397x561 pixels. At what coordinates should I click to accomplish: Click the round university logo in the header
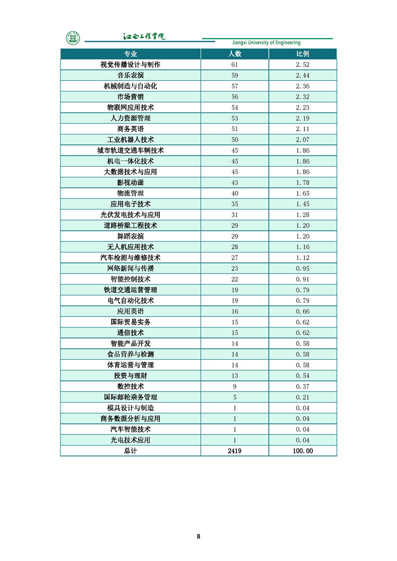pyautogui.click(x=73, y=37)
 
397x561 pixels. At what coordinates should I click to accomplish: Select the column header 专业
pyautogui.click(x=130, y=54)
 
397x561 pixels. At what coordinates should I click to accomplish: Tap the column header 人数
pyautogui.click(x=234, y=54)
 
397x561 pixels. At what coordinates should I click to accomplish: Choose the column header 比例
pyautogui.click(x=302, y=54)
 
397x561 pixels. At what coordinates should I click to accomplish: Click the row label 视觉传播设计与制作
pyautogui.click(x=130, y=65)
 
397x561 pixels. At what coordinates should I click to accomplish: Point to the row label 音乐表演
pyautogui.click(x=130, y=75)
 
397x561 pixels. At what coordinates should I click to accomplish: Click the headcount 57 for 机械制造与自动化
pyautogui.click(x=234, y=86)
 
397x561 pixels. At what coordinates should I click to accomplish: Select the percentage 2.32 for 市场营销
pyautogui.click(x=302, y=97)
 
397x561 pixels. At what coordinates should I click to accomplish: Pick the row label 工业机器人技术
pyautogui.click(x=130, y=140)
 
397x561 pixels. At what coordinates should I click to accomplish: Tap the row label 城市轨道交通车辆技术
pyautogui.click(x=130, y=150)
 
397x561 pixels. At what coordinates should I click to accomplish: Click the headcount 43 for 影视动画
pyautogui.click(x=234, y=182)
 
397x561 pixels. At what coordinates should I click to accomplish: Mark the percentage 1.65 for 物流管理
pyautogui.click(x=302, y=193)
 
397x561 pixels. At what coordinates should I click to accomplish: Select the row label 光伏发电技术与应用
pyautogui.click(x=130, y=215)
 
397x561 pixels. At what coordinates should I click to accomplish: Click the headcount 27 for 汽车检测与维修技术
pyautogui.click(x=234, y=258)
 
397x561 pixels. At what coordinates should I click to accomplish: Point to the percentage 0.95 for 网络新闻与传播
pyautogui.click(x=302, y=268)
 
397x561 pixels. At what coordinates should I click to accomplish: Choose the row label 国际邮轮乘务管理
pyautogui.click(x=130, y=397)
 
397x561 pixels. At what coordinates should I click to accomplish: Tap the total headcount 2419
pyautogui.click(x=234, y=451)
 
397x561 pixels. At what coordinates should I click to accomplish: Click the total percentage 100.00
pyautogui.click(x=302, y=451)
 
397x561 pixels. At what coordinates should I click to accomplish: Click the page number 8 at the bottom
pyautogui.click(x=198, y=536)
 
